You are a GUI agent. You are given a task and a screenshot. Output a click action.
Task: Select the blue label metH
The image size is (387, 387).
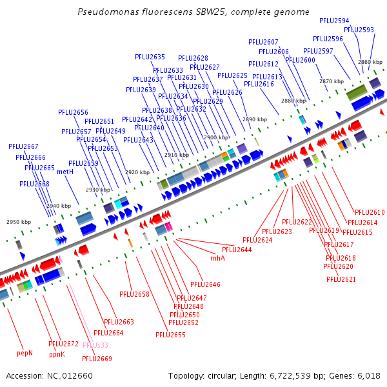pos(65,172)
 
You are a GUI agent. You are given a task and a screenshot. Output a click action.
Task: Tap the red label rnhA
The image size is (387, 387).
pos(217,258)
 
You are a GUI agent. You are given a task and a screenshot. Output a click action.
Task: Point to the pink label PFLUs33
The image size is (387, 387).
pos(95,345)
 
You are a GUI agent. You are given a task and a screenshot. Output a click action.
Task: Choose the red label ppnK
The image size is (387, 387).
pos(57,353)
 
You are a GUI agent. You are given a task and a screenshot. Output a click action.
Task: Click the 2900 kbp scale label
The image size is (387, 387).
pos(216,137)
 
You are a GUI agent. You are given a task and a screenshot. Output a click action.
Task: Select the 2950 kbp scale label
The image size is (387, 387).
pos(19,222)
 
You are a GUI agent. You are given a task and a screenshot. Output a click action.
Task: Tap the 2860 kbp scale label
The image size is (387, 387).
pos(370,62)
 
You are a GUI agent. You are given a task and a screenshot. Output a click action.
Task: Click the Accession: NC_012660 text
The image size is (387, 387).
pos(43,375)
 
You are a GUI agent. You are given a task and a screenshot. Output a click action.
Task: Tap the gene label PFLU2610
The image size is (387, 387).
pos(370,212)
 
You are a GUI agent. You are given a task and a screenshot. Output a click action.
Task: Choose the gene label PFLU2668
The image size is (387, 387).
pos(34,184)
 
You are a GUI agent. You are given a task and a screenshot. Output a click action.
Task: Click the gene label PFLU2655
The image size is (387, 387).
pos(170,335)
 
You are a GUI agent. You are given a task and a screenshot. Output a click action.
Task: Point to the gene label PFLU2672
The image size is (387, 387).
pos(63,344)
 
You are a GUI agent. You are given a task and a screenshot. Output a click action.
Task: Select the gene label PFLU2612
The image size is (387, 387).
pos(263,64)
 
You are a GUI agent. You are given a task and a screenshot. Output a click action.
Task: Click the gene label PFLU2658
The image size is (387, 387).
pos(134,294)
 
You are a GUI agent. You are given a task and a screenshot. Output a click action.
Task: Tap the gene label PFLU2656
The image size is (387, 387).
pos(73,112)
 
